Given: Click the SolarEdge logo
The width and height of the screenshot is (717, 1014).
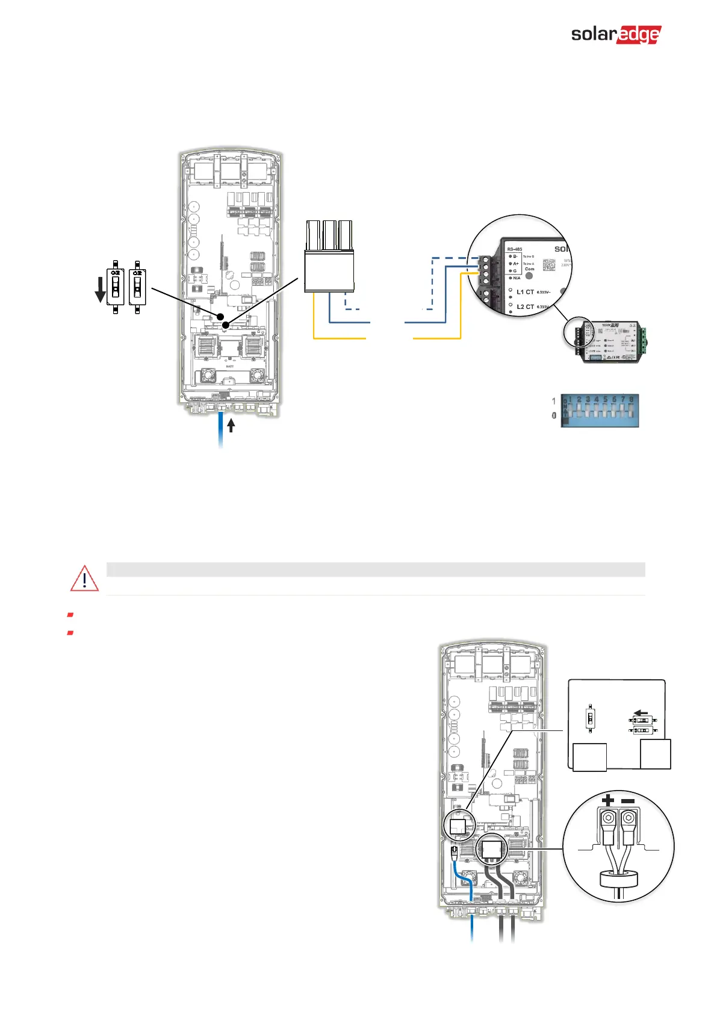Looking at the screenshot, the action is click(x=615, y=34).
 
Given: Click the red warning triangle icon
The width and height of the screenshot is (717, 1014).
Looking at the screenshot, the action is click(x=85, y=578).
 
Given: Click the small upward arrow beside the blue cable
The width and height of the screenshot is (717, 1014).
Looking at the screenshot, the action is click(x=231, y=425).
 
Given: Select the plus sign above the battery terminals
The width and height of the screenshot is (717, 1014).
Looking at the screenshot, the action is click(x=608, y=800).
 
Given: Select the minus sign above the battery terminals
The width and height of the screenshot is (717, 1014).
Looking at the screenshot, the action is click(x=628, y=800).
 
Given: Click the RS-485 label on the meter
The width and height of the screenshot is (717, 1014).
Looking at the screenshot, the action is click(x=514, y=249).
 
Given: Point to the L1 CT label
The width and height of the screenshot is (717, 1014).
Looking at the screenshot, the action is click(x=525, y=292).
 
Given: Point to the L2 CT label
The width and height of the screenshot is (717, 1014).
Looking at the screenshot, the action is click(x=525, y=306).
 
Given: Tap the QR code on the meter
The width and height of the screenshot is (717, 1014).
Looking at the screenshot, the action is click(x=549, y=265).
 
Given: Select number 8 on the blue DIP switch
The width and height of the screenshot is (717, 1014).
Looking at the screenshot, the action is click(x=631, y=399).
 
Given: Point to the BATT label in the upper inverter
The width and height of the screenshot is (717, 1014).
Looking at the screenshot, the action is click(x=229, y=366).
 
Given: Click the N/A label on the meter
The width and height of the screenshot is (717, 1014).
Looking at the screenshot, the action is click(x=517, y=278).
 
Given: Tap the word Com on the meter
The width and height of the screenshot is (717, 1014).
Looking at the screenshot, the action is click(x=529, y=269).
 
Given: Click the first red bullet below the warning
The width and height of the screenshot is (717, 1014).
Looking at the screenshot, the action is click(x=70, y=615).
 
